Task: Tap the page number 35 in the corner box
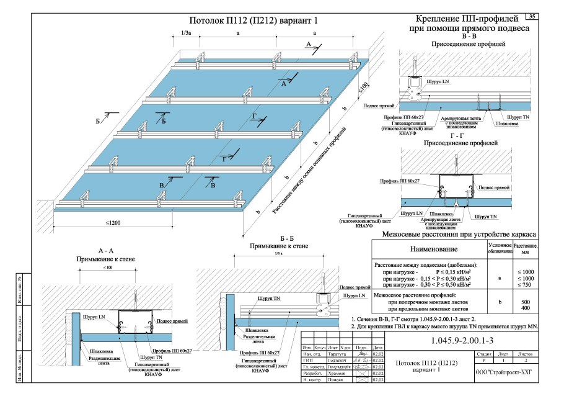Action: tap(532, 16)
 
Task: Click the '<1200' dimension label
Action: tap(113, 222)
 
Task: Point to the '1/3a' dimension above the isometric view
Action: tap(186, 32)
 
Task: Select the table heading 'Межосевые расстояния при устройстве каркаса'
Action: tap(460, 235)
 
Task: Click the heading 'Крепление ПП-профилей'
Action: tap(468, 19)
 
